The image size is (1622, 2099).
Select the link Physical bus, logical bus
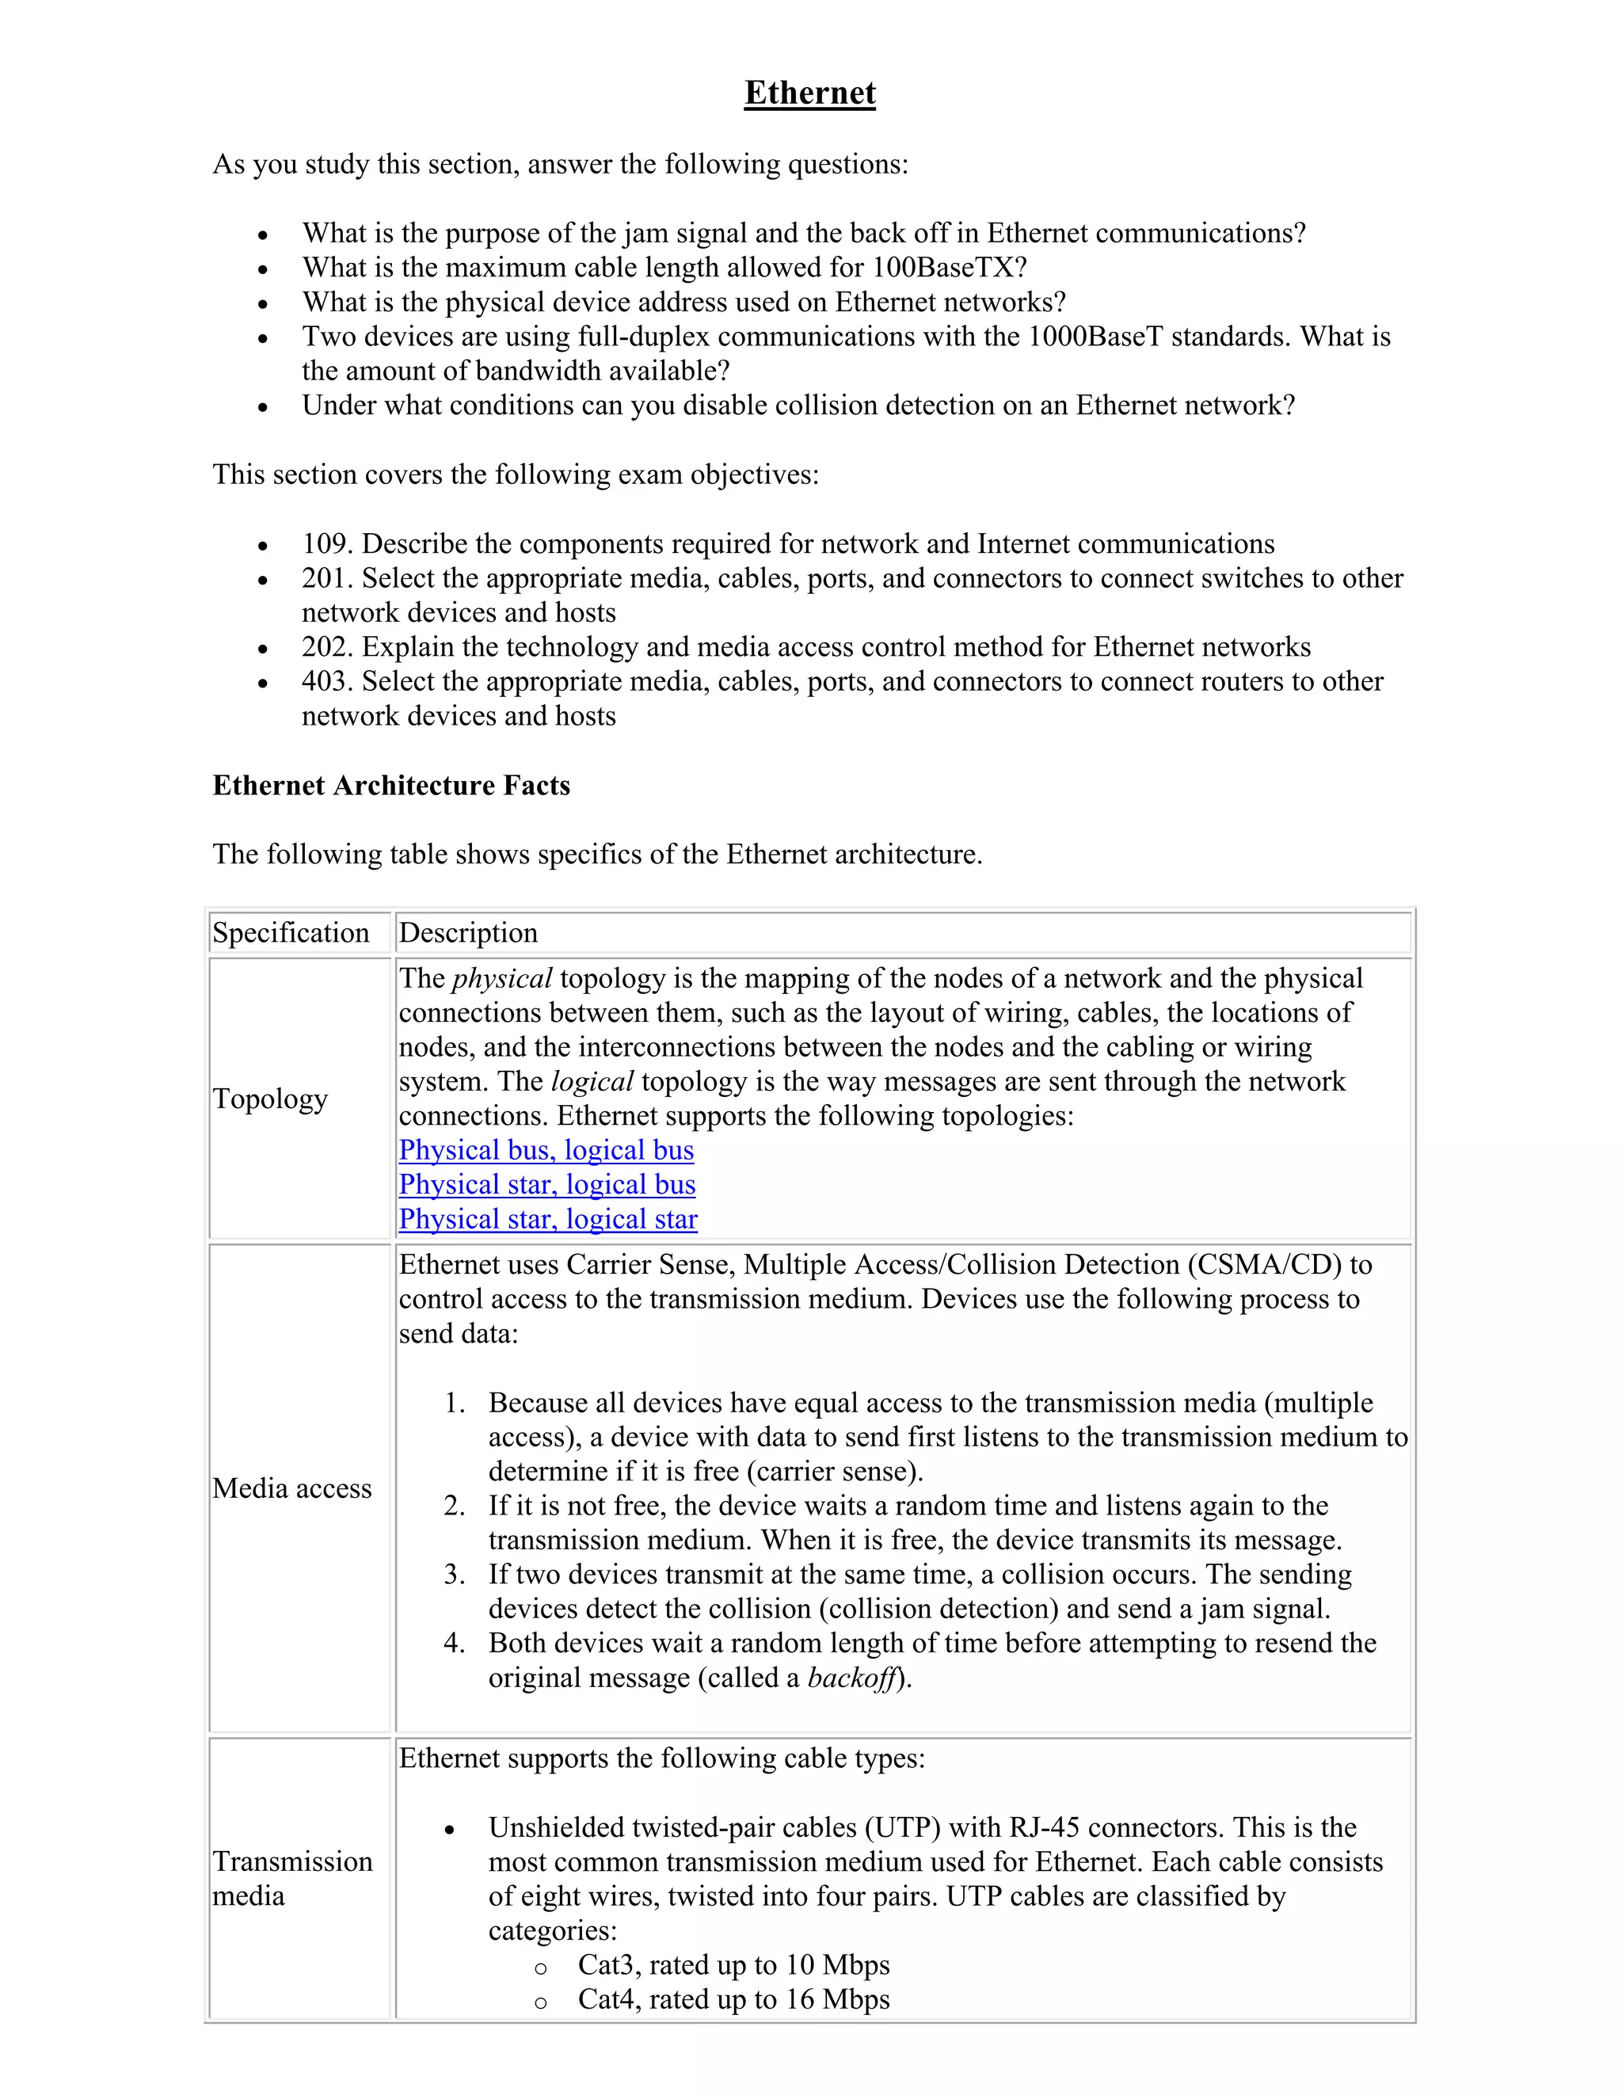coord(546,1149)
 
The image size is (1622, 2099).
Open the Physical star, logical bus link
coord(546,1184)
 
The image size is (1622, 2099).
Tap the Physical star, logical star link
coord(548,1219)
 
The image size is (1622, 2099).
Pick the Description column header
coord(468,932)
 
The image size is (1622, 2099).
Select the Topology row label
coord(270,1098)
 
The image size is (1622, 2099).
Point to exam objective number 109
coord(327,544)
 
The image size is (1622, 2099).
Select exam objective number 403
coord(327,681)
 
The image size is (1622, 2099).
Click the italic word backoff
coord(851,1678)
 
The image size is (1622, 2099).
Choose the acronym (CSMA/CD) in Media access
coord(1263,1265)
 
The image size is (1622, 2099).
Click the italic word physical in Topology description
coord(501,978)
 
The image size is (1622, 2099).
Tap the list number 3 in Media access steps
coord(455,1575)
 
